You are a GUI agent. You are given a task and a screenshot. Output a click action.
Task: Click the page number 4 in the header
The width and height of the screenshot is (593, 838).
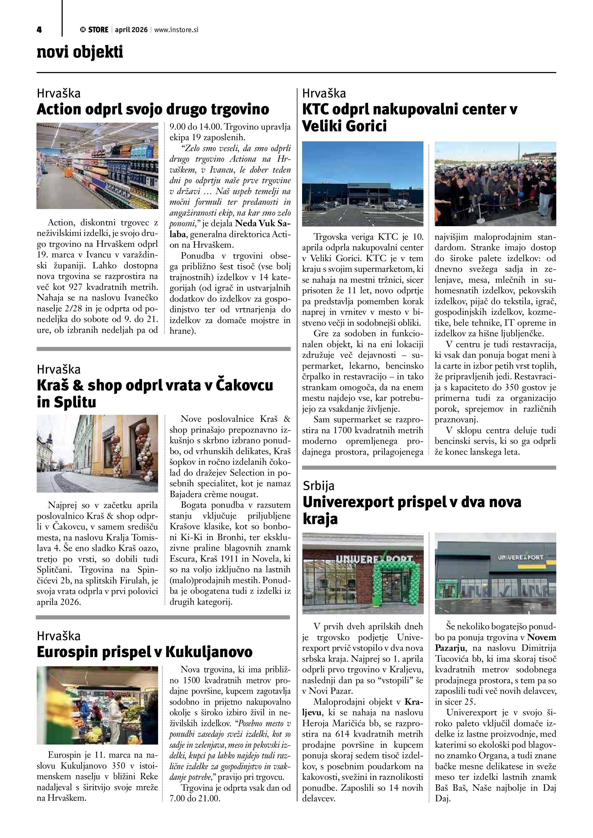39,30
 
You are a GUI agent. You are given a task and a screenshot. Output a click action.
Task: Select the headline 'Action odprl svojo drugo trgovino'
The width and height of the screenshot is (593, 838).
153,109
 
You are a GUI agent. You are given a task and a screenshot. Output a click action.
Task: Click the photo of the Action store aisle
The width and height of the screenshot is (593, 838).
97,166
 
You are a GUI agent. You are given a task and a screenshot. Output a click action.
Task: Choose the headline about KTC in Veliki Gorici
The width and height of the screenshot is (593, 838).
409,118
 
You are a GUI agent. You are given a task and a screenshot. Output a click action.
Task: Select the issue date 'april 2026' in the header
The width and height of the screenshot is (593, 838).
131,30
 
